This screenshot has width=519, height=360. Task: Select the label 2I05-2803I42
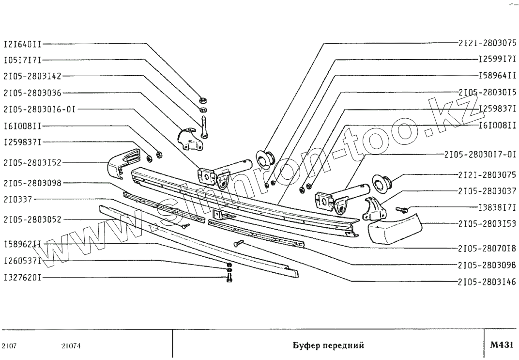tap(32, 76)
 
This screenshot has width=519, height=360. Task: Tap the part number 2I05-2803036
tap(32, 93)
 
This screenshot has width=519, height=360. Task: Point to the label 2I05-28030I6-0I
tap(39, 109)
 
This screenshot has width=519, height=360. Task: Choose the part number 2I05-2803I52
tap(32, 162)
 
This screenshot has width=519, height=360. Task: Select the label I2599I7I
tap(497, 59)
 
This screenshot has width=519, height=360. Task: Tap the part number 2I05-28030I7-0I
tap(480, 155)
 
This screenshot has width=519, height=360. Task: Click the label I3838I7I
tap(497, 208)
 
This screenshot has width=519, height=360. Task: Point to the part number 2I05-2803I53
tap(487, 224)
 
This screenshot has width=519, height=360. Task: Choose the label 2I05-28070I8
tap(487, 249)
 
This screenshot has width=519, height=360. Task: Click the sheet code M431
tap(501, 345)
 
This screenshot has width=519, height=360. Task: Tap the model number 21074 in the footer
tap(71, 346)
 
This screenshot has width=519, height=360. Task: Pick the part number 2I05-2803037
tap(487, 191)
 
